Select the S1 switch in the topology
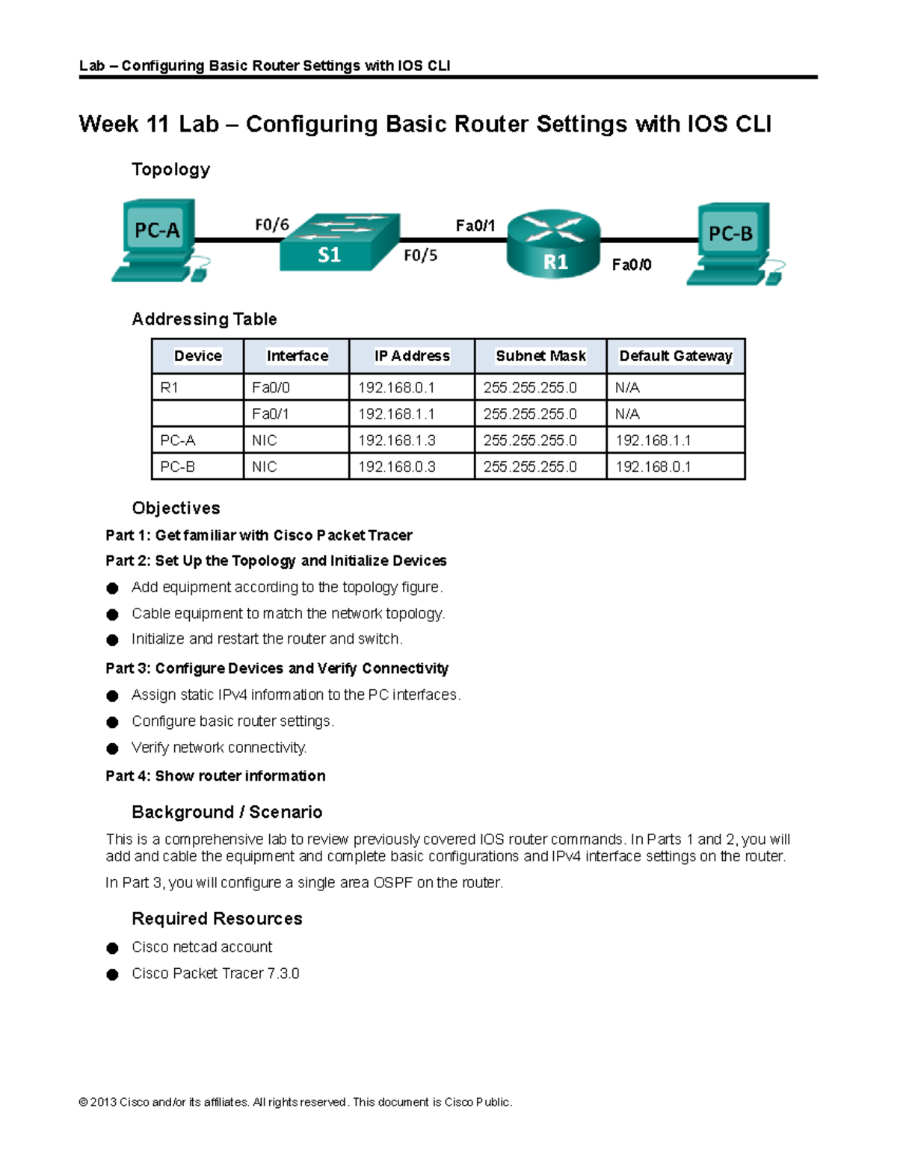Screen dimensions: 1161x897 tap(339, 243)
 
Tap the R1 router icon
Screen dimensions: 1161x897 tap(554, 244)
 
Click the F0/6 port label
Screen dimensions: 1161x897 tap(272, 225)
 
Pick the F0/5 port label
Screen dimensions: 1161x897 tap(420, 256)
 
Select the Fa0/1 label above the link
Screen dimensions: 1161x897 tap(475, 226)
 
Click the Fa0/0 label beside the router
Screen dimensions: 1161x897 tap(632, 265)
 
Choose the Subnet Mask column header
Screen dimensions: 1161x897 tap(540, 356)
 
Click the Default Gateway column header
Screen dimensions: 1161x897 tap(676, 356)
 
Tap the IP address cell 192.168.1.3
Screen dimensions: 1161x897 tap(396, 440)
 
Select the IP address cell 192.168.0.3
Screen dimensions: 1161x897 tap(396, 466)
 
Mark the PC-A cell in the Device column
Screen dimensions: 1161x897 tap(178, 440)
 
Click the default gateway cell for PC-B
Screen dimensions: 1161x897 tap(653, 466)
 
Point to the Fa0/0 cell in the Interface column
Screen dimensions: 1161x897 tap(271, 387)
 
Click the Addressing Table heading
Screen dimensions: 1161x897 tap(204, 319)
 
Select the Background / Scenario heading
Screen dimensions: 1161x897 tap(226, 812)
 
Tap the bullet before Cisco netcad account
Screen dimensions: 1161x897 tap(113, 948)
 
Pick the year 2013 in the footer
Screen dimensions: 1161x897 tap(103, 1102)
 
